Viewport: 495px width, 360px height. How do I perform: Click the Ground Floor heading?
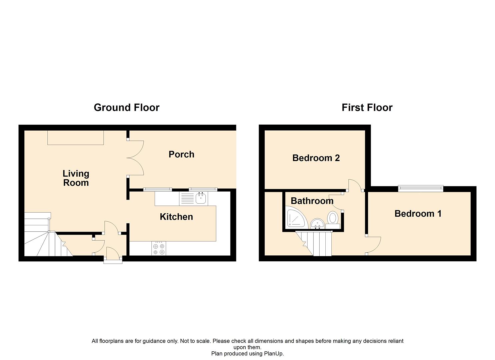127,107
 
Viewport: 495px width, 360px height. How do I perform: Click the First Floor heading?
367,107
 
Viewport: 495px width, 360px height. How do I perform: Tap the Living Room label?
76,178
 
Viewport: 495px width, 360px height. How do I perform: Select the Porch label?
181,154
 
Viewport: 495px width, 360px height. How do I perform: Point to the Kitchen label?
176,217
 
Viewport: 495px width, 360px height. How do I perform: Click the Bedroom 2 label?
316,158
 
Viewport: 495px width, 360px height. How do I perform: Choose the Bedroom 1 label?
418,214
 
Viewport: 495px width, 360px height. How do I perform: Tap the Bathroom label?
312,201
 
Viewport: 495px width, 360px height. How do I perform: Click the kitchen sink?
201,198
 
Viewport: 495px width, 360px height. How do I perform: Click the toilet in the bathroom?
332,219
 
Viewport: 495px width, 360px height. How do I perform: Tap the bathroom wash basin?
317,224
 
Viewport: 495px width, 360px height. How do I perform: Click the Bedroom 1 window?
421,189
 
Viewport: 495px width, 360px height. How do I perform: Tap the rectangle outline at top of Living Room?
75,138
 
